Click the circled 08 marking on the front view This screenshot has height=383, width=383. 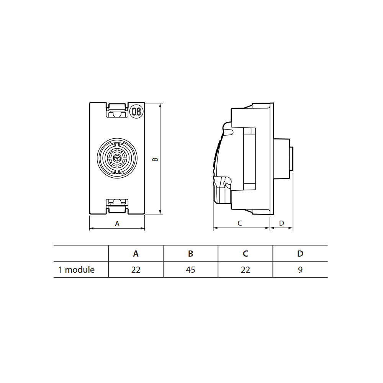pyautogui.click(x=136, y=111)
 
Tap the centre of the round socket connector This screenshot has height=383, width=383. pyautogui.click(x=117, y=158)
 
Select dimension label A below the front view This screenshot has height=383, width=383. pyautogui.click(x=117, y=224)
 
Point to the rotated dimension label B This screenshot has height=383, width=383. pyautogui.click(x=155, y=159)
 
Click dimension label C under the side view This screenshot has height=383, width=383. pyautogui.click(x=240, y=223)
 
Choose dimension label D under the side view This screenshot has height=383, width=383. pyautogui.click(x=282, y=223)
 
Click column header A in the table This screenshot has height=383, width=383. pyautogui.click(x=136, y=254)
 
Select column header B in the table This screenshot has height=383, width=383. pyautogui.click(x=190, y=254)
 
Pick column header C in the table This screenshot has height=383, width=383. pyautogui.click(x=246, y=254)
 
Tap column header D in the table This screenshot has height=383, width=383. pyautogui.click(x=300, y=254)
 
